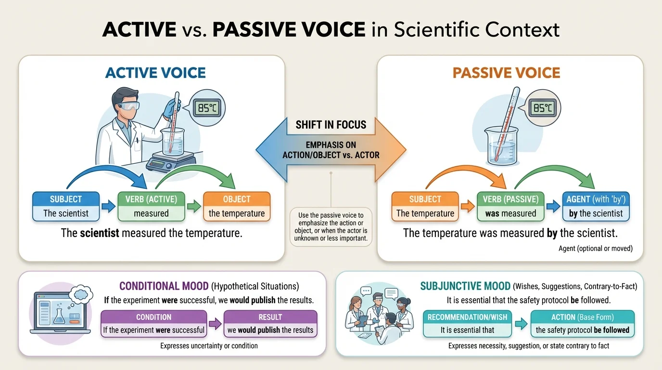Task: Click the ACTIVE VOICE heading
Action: click(x=155, y=73)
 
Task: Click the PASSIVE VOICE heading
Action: click(x=506, y=73)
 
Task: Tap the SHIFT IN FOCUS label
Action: click(x=331, y=125)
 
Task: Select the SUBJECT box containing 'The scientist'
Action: click(x=66, y=206)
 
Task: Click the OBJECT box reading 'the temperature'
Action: click(x=237, y=206)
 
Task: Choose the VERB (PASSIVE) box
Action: click(x=510, y=206)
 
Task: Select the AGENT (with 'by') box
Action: click(x=596, y=206)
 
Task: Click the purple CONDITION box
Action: click(x=153, y=323)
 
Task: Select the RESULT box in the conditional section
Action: click(x=270, y=323)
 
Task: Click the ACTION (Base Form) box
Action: click(x=582, y=323)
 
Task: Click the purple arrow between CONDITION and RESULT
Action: click(x=215, y=324)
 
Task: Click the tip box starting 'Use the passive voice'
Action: click(x=331, y=226)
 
